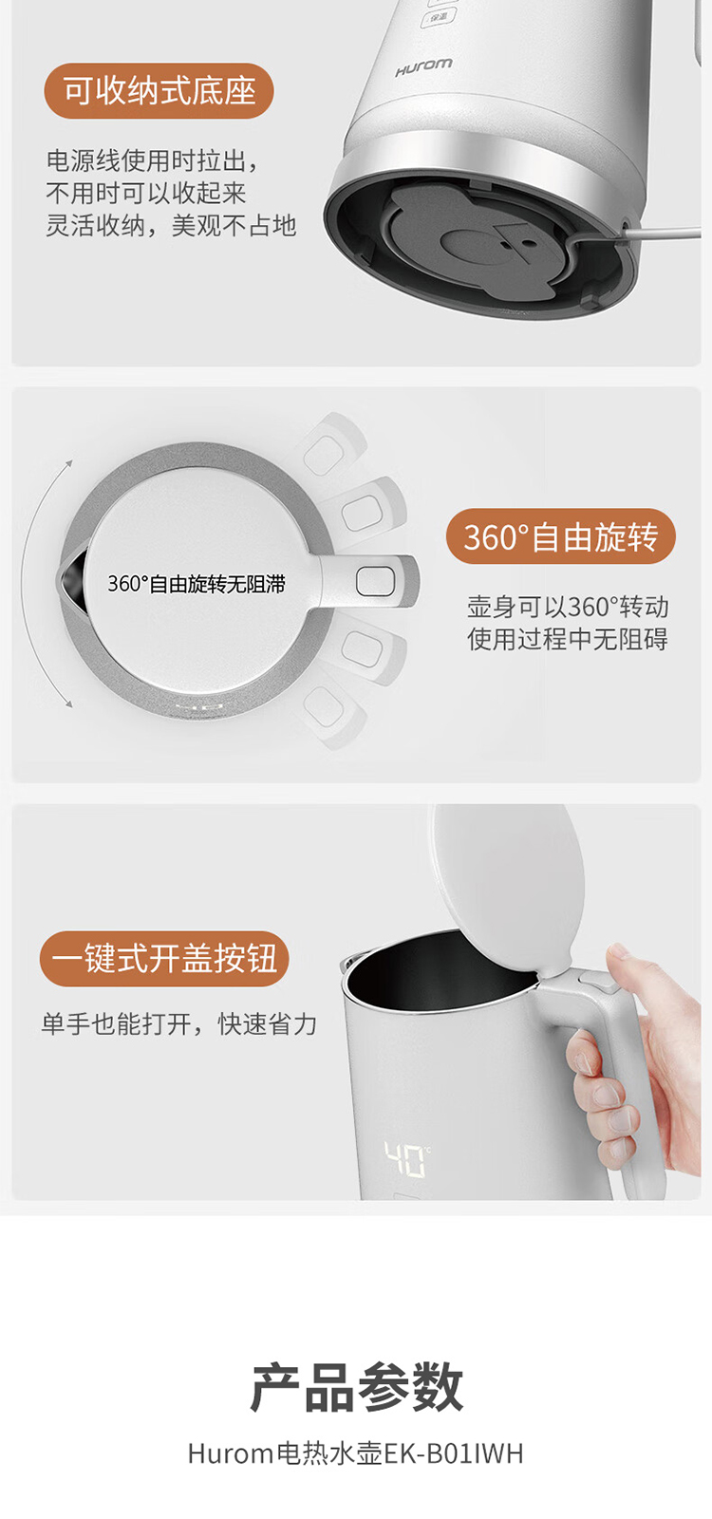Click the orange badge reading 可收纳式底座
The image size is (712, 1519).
click(159, 91)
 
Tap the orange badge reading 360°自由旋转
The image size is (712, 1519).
click(560, 537)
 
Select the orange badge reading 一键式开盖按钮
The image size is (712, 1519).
click(164, 959)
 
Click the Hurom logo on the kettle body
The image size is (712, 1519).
click(423, 67)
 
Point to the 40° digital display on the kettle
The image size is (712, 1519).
click(406, 1159)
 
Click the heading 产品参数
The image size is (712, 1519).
click(356, 1387)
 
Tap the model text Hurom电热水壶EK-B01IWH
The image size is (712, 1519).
click(356, 1453)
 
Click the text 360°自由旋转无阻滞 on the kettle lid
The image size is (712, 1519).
click(197, 584)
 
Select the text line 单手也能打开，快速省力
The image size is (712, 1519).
click(178, 1024)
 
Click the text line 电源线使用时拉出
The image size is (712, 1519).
click(152, 160)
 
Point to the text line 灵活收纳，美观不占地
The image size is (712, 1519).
click(171, 226)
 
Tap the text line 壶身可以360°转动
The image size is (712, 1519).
click(568, 607)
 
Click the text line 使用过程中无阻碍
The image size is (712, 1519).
click(568, 639)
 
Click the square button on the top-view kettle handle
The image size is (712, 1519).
click(375, 582)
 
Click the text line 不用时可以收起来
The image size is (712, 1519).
click(146, 194)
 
